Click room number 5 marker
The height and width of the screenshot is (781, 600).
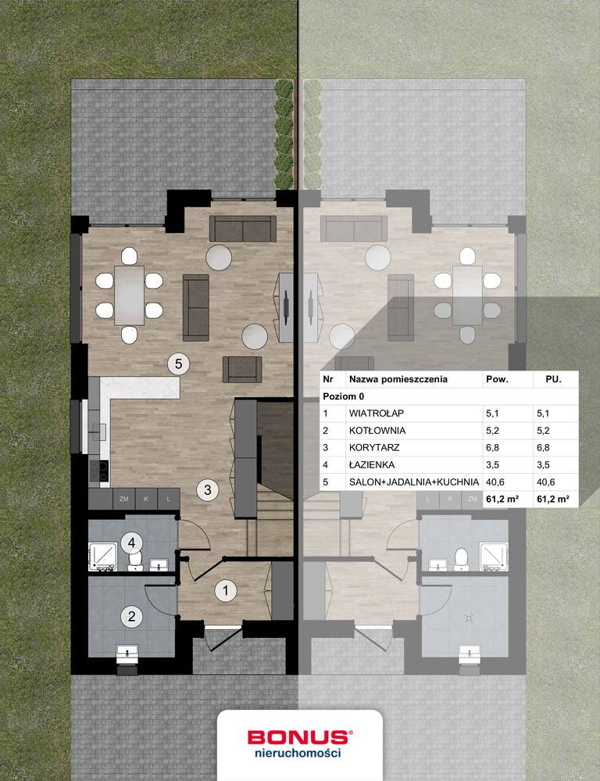(178, 364)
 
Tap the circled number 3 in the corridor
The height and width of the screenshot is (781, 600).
(208, 490)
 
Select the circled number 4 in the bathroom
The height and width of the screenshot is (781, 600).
(131, 542)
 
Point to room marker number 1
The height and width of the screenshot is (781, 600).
(226, 591)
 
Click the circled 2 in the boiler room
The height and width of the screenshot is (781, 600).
(131, 617)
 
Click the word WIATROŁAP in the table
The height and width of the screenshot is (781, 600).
(377, 414)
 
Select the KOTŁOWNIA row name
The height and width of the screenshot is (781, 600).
(377, 430)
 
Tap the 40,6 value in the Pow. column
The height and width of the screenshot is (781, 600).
(495, 482)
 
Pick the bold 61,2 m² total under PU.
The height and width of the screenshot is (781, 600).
(553, 499)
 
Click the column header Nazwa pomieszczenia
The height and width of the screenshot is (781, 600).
(398, 379)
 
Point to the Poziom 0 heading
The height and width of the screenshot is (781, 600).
(344, 396)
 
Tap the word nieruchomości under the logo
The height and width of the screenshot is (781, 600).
(298, 753)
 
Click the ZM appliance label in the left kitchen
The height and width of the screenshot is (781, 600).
(124, 499)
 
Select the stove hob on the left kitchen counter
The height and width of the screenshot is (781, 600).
(98, 471)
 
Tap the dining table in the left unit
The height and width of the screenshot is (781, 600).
(130, 296)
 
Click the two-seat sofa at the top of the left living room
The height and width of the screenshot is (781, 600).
(242, 228)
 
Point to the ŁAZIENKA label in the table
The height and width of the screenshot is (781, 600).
(372, 464)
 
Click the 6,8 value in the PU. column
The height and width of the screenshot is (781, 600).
(543, 447)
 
